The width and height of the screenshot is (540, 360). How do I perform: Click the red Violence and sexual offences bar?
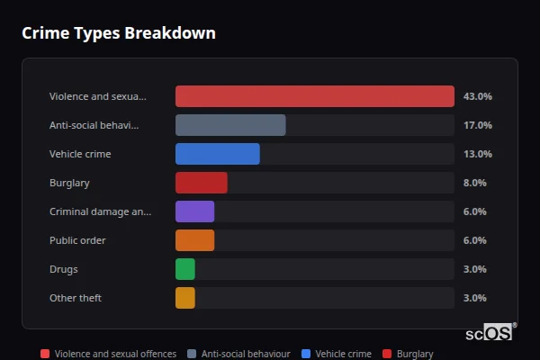coord(315,96)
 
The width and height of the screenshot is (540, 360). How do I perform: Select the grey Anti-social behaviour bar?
coord(230,125)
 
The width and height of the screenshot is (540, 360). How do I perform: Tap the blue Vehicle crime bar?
coord(218,154)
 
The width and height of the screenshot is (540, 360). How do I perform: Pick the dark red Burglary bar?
coord(202,183)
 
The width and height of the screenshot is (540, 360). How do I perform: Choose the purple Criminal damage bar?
coord(195,211)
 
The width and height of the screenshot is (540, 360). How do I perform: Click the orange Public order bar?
coord(195,240)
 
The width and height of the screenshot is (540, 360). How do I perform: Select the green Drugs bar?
coord(185,269)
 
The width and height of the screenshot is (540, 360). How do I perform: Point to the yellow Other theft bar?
coord(185,298)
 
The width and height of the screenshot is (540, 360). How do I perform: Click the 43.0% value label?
coord(477,96)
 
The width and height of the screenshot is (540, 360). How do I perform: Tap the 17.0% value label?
coord(477,125)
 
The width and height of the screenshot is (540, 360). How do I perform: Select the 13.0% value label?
coord(477,154)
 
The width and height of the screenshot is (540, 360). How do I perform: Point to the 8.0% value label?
coord(474,183)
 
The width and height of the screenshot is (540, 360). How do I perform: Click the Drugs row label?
coord(64,269)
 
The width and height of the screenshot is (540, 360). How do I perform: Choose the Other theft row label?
coord(76,298)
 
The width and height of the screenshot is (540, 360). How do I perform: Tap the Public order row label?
coord(77,240)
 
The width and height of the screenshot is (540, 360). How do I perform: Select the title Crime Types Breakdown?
coord(119,33)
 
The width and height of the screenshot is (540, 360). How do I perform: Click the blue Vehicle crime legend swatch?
coord(306,355)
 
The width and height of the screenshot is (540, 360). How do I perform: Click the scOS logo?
coord(490,332)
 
